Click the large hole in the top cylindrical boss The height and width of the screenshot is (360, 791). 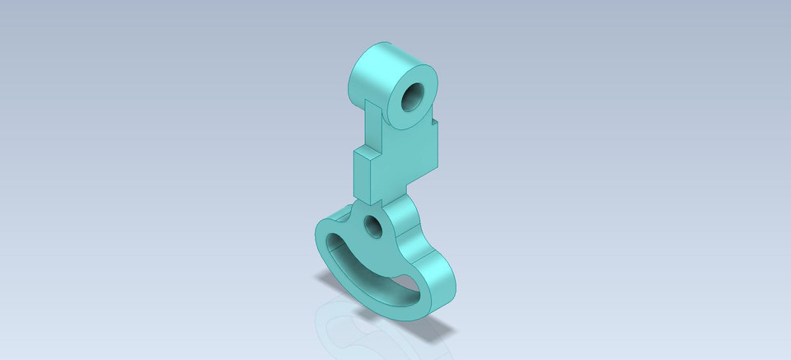[x=412, y=98]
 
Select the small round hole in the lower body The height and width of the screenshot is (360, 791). [x=373, y=224]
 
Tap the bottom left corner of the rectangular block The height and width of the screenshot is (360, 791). [x=355, y=197]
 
